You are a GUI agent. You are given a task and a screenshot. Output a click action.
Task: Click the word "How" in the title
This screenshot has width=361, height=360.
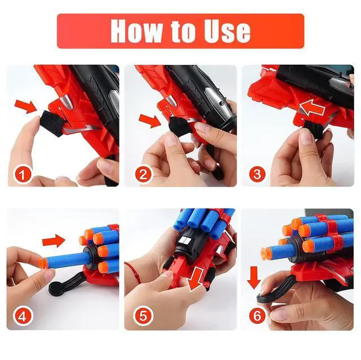137,31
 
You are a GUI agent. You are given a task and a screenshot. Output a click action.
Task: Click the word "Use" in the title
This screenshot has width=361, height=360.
227,31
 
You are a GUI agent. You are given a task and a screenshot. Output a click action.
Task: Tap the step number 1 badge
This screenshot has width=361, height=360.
23,175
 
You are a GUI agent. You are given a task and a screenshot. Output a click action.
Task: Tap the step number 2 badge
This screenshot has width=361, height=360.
143,175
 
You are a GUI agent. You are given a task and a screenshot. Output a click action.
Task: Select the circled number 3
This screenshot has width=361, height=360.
257,174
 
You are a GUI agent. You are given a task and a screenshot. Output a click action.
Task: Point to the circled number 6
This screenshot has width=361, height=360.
257,315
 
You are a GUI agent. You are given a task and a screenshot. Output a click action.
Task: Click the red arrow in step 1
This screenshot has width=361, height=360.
26,106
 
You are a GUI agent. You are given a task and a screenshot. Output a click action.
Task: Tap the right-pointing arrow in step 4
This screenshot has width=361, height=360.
54,241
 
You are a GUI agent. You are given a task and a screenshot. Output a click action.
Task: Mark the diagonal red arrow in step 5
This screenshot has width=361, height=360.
195,279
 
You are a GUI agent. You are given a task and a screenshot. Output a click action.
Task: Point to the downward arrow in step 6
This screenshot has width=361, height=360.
254,278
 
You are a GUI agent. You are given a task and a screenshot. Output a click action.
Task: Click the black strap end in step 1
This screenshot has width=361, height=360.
51,123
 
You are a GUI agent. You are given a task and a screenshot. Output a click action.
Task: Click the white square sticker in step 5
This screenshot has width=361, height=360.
186,241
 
